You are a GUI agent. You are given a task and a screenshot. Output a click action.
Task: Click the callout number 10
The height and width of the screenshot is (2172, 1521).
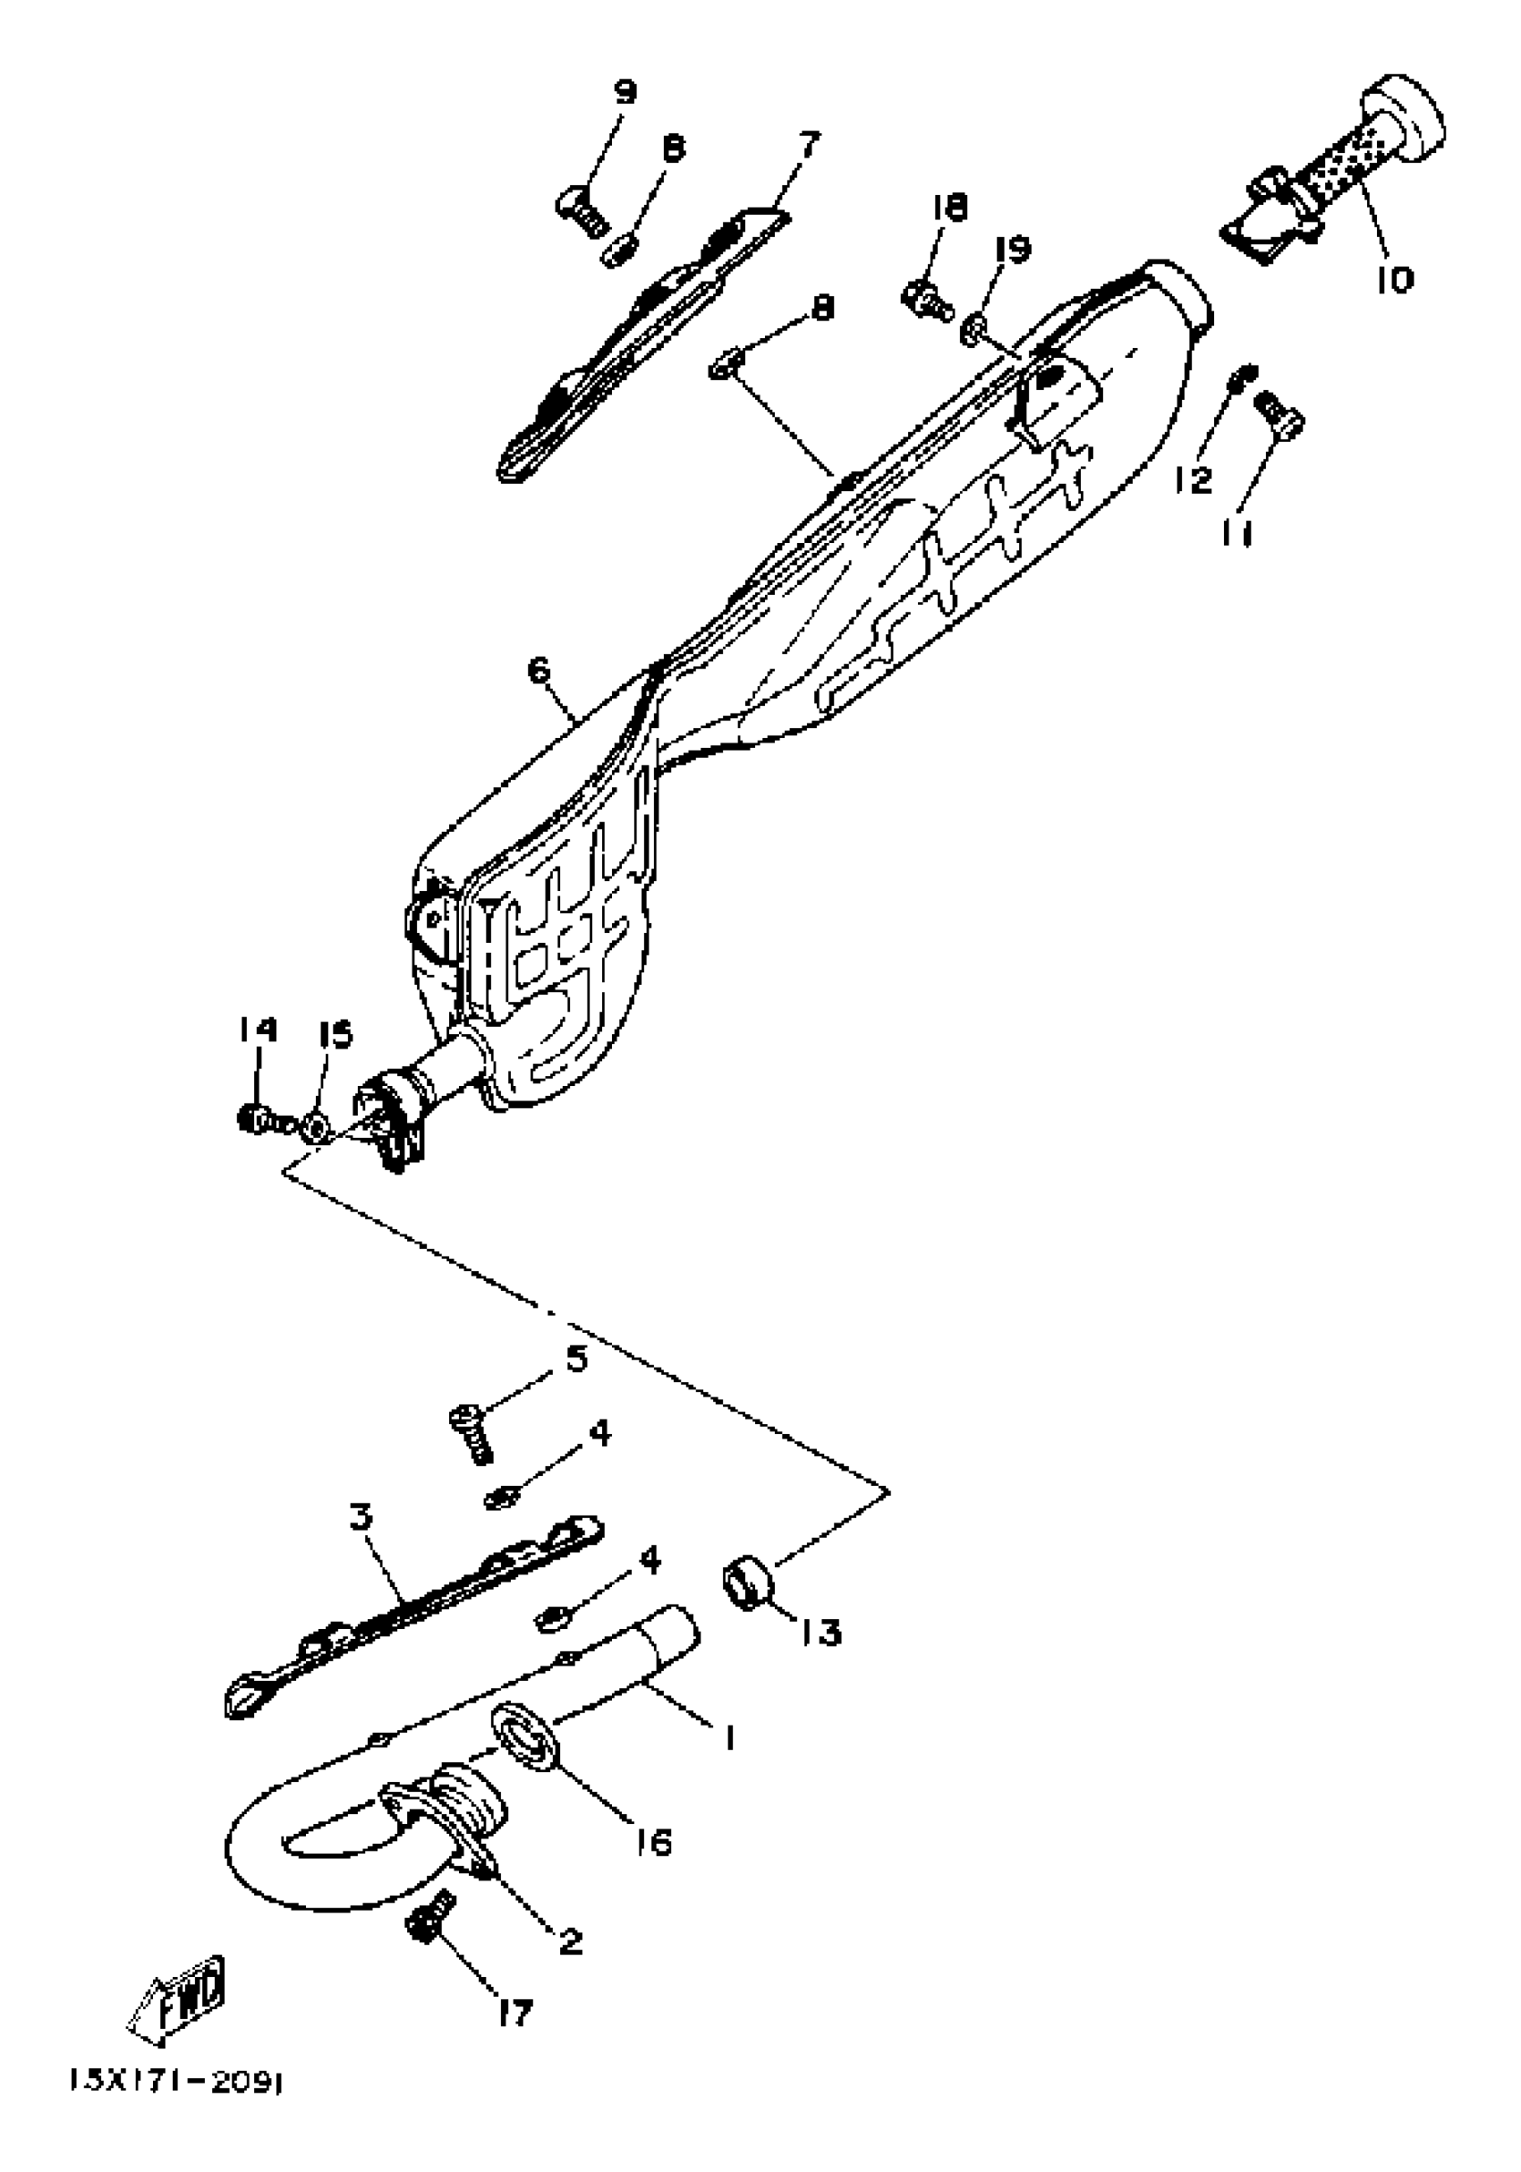(x=1394, y=280)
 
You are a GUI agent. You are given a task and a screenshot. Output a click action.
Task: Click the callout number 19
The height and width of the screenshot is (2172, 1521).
(x=1012, y=250)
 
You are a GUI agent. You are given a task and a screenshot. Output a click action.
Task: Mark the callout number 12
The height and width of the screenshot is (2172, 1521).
(x=1194, y=479)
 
